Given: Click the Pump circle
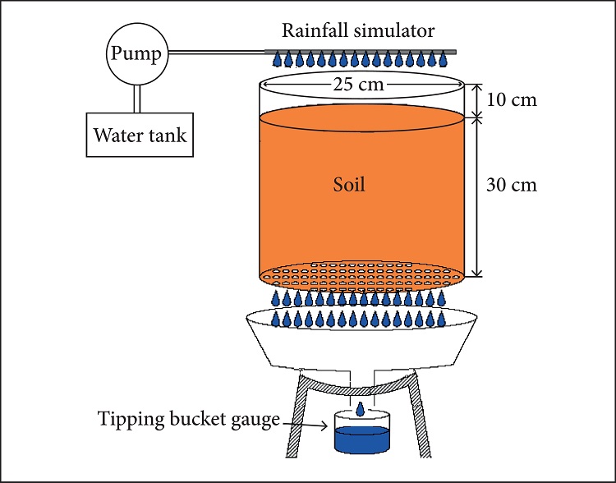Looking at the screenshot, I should point(137,55).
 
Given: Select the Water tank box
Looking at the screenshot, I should point(140,134).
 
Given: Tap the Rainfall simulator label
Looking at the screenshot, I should point(357,31).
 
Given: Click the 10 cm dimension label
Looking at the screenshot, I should point(512,100).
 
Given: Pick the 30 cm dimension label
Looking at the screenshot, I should point(512,185).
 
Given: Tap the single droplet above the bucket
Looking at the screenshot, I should point(361,409).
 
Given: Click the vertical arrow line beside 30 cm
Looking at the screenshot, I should point(480,197).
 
